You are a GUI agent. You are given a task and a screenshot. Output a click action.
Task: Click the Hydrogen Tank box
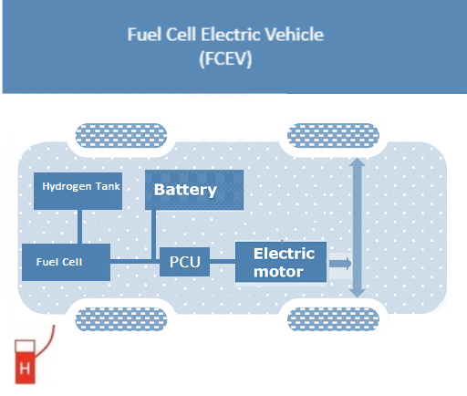coord(78,191)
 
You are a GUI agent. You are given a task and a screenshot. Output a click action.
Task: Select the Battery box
coord(194,190)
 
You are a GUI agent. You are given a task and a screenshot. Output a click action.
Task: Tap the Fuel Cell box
coord(66,262)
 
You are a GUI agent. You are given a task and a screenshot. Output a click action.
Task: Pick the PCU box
coord(184,262)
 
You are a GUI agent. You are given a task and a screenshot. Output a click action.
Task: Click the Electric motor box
coord(281,262)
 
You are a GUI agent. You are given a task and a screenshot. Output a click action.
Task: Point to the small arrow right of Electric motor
coord(340,264)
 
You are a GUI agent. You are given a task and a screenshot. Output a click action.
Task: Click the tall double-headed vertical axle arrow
coord(358,227)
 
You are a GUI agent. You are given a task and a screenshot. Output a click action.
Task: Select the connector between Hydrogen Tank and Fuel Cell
coord(79,226)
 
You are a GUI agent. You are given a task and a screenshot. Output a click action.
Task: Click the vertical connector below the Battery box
coord(153,234)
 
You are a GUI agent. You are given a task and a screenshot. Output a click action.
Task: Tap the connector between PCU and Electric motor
coord(223,261)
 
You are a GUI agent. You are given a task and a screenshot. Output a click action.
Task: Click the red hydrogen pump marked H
coord(25,362)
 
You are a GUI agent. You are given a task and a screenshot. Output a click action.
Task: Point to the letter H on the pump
coord(25,369)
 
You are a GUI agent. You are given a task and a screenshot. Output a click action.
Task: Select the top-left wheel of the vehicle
coord(121,136)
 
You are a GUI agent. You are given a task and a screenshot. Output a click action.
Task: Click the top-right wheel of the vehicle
coord(333,136)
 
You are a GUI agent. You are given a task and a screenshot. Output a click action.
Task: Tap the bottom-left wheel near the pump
coord(121,319)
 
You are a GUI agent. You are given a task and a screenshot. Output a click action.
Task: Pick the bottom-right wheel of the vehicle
coord(333,319)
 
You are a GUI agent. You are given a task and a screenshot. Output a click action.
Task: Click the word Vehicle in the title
coord(295,34)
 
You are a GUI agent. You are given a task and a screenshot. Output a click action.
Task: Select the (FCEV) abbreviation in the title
coord(225,58)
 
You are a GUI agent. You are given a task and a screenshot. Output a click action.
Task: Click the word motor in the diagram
coord(278,272)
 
